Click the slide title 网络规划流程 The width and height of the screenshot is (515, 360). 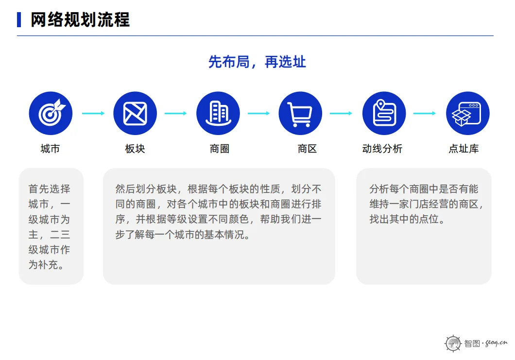pyautogui.click(x=80, y=20)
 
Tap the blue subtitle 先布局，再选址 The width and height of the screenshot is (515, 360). pyautogui.click(x=257, y=62)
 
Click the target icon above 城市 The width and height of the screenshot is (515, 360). pyautogui.click(x=51, y=114)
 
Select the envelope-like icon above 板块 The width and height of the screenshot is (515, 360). pyautogui.click(x=135, y=114)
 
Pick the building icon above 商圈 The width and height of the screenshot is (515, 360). pyautogui.click(x=218, y=114)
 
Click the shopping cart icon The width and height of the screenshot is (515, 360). pyautogui.click(x=300, y=114)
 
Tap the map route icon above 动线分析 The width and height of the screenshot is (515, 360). pyautogui.click(x=384, y=114)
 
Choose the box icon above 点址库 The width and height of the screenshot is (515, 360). pyautogui.click(x=467, y=114)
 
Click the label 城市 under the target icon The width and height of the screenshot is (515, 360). pyautogui.click(x=50, y=149)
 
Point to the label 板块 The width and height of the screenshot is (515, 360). pyautogui.click(x=135, y=149)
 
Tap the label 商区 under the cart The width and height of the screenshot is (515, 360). pyautogui.click(x=307, y=149)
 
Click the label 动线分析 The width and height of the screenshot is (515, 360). pyautogui.click(x=382, y=149)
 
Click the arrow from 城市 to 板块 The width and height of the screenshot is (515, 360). pyautogui.click(x=93, y=114)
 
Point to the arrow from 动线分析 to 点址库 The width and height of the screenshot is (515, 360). pyautogui.click(x=425, y=114)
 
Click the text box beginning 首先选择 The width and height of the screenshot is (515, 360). pyautogui.click(x=51, y=226)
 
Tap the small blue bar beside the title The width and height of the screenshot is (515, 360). pyautogui.click(x=19, y=20)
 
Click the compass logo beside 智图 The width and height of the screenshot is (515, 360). pyautogui.click(x=453, y=343)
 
